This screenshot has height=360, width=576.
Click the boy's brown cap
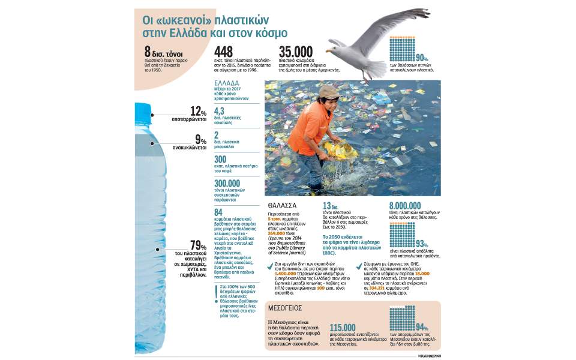click(329, 91)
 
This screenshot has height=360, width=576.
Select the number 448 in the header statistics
click(223, 52)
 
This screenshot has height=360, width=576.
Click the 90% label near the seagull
click(422, 58)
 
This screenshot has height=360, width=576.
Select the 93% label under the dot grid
click(422, 244)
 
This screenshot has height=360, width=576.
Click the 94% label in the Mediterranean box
click(422, 328)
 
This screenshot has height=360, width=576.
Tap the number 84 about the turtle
click(218, 212)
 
